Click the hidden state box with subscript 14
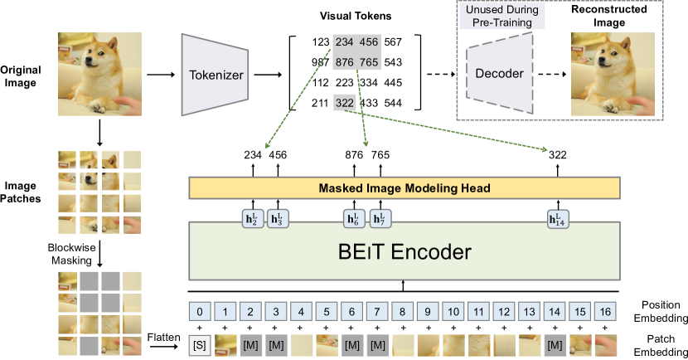pyautogui.click(x=557, y=219)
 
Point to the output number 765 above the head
pyautogui.click(x=380, y=153)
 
